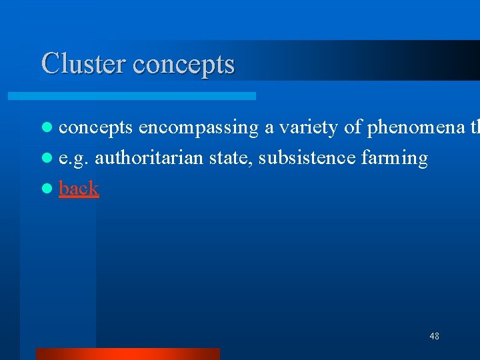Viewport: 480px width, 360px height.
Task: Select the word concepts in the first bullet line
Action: (95, 128)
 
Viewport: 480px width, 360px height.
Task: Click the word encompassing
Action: (199, 128)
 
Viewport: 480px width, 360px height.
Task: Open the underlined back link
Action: (79, 188)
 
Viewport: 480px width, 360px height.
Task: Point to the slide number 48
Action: (434, 336)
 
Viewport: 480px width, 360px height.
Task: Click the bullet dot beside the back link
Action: (46, 189)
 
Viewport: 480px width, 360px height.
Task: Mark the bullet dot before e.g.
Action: (46, 159)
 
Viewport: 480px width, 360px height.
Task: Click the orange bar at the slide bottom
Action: (127, 353)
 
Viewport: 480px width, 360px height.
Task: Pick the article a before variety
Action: (268, 129)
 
